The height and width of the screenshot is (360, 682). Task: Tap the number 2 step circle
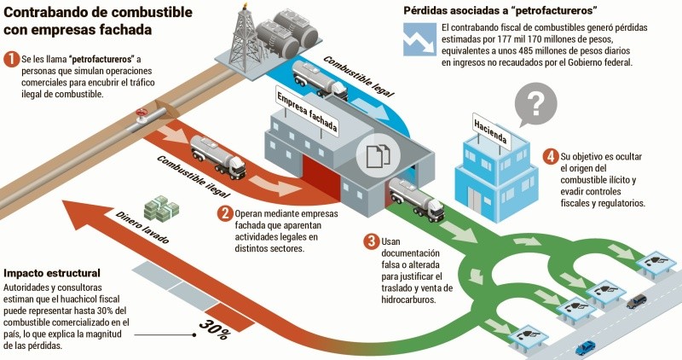click(225, 213)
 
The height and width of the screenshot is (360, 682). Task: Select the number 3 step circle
click(371, 241)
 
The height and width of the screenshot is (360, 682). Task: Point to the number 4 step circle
click(551, 156)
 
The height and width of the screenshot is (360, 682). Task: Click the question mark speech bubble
click(535, 105)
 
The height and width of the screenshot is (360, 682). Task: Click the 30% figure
click(215, 328)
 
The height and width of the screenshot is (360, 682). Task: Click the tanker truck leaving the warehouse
click(416, 201)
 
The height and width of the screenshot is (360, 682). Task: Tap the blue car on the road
click(585, 347)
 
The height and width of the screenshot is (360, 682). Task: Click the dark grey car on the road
click(637, 301)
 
